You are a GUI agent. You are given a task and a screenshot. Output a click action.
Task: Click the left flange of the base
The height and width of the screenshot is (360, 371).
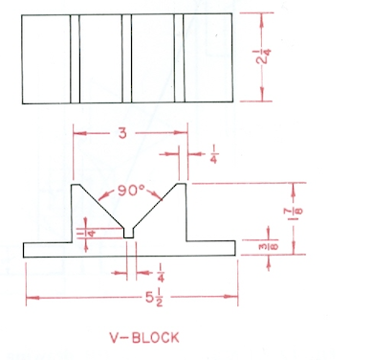coord(48,249)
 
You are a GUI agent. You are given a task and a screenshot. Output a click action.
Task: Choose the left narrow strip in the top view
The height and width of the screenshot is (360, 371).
coord(75,56)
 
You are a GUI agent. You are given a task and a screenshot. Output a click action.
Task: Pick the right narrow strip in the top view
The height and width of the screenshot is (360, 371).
coord(179,56)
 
